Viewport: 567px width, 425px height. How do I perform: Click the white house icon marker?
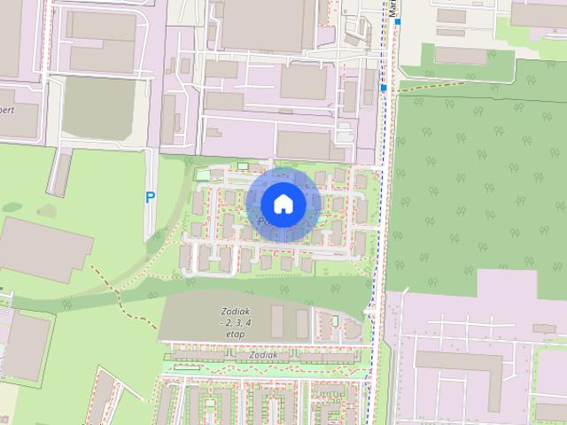283,205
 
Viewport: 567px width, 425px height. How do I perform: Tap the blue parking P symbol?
150,199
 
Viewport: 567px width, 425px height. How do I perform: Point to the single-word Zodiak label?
263,355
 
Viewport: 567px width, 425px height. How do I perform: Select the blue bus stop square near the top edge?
399,20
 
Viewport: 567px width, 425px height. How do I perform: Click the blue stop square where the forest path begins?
383,89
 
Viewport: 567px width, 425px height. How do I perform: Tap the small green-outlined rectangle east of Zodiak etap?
336,320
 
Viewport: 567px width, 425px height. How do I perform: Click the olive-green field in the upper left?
98,108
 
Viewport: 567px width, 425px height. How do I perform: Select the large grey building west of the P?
44,249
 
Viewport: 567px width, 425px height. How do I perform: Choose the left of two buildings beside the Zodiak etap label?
277,321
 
